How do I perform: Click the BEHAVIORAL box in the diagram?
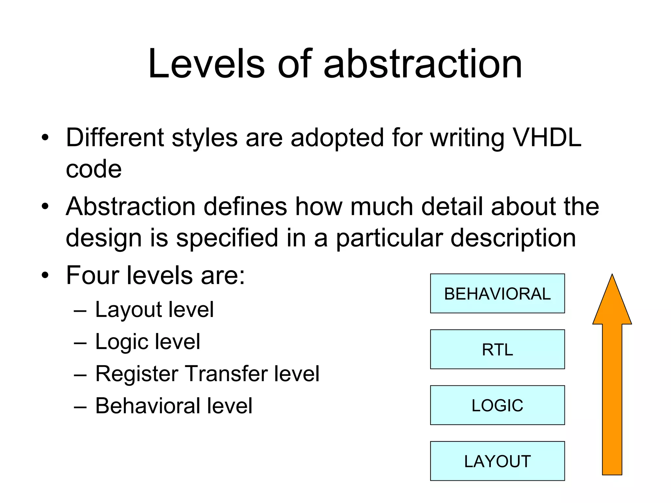pos(497,293)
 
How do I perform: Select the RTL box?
pos(497,349)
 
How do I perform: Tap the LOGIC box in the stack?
pos(497,405)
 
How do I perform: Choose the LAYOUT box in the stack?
pos(497,461)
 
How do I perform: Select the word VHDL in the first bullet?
pos(546,138)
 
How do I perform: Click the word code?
pos(94,169)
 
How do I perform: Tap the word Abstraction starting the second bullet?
pos(131,207)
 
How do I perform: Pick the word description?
pos(513,238)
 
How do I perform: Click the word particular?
pos(389,238)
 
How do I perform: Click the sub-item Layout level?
pos(154,309)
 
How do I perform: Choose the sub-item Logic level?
pos(147,342)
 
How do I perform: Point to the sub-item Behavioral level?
pos(174,406)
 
